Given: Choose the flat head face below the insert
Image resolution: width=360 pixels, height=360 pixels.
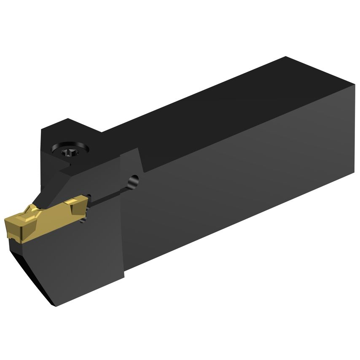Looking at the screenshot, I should [x=84, y=261].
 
